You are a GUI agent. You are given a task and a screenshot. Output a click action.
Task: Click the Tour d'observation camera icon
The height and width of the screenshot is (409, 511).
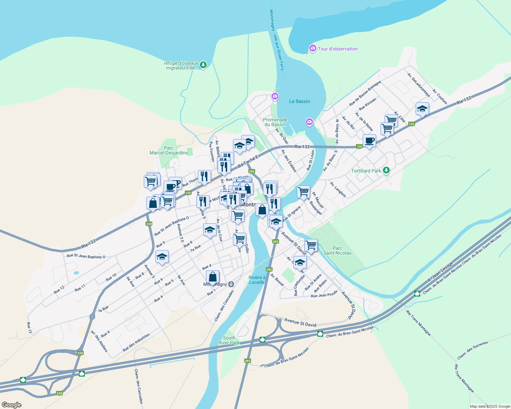[x=313, y=49]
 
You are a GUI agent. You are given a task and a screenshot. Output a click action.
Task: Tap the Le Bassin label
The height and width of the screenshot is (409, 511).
[x=300, y=101]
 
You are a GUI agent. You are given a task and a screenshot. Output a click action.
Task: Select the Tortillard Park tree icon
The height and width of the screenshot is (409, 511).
[x=386, y=170]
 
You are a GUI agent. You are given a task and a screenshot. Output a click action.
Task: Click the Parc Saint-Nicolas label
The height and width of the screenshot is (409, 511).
[x=337, y=251]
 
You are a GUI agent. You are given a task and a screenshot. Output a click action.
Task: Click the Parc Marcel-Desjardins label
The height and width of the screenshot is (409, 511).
[x=169, y=150]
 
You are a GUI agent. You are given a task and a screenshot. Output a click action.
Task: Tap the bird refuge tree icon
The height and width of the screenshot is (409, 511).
[x=203, y=65]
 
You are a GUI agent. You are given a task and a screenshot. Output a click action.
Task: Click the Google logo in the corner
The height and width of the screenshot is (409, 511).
[x=11, y=405]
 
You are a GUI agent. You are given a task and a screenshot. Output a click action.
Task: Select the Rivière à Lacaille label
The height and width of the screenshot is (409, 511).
[x=257, y=280]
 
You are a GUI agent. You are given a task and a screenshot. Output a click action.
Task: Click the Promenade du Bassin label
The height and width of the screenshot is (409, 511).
[x=275, y=122]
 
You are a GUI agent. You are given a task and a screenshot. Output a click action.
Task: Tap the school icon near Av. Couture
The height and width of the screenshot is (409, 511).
[x=422, y=109]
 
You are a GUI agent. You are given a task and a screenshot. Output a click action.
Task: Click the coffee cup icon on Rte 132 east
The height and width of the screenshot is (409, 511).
[x=369, y=140]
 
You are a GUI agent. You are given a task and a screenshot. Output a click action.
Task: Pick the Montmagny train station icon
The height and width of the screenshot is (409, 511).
[x=231, y=284]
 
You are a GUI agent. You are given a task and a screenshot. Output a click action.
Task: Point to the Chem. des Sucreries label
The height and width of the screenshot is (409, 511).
[x=472, y=350]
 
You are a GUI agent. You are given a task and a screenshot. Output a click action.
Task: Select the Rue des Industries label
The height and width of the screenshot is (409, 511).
[x=136, y=343]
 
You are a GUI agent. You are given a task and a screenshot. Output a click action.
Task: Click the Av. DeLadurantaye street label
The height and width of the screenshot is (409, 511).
[x=418, y=85]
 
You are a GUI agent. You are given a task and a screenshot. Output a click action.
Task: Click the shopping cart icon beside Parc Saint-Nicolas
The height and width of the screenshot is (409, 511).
[x=311, y=245]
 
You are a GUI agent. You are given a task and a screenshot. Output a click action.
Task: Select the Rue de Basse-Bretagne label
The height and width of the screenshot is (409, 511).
[x=365, y=93]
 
